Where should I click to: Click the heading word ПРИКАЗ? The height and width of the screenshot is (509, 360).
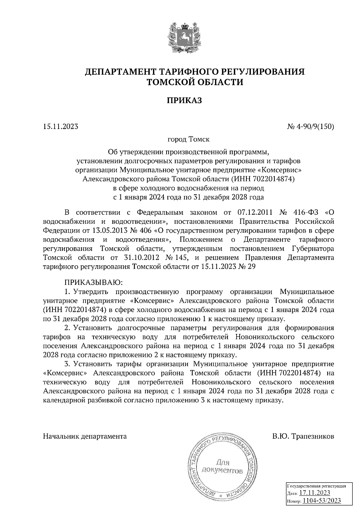tap(184, 100)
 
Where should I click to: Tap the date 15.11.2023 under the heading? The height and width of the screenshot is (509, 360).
tap(61, 127)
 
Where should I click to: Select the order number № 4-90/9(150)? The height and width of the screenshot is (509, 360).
tap(310, 127)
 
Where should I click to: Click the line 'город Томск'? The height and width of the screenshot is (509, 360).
tap(189, 139)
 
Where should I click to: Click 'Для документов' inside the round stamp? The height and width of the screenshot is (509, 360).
tap(222, 466)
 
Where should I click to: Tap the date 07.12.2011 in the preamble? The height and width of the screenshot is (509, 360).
tap(255, 213)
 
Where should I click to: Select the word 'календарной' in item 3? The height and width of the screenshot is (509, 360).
tap(62, 400)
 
